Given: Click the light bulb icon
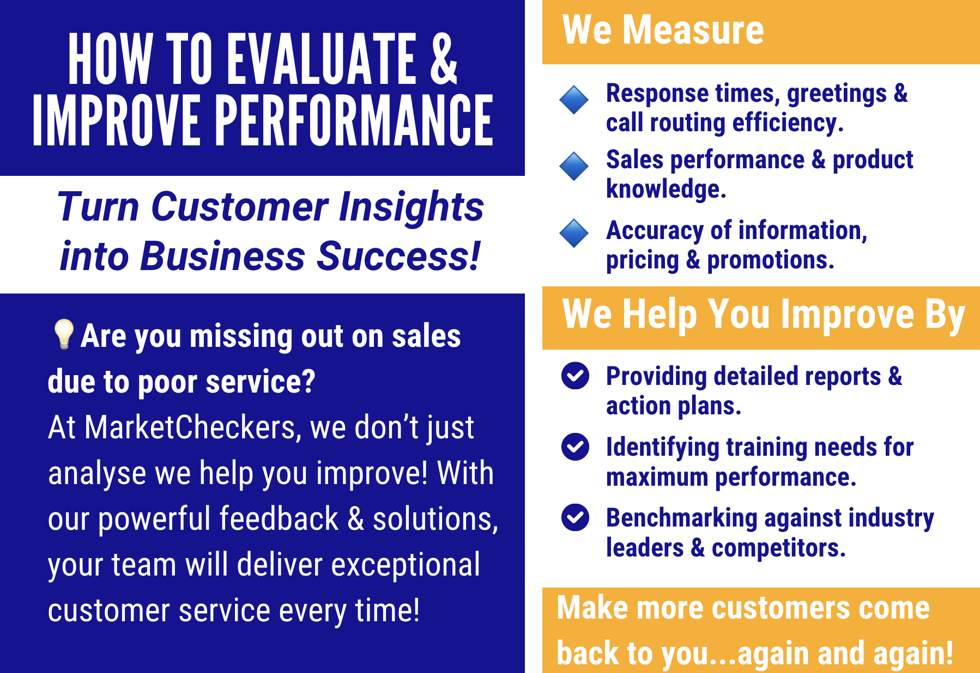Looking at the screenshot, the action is (x=63, y=334).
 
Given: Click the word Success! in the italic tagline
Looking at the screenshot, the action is (x=398, y=256).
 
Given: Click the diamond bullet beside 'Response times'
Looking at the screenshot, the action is (x=574, y=100).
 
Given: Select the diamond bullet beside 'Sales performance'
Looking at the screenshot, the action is (x=574, y=166).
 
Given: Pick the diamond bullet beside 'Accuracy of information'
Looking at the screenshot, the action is (x=574, y=233).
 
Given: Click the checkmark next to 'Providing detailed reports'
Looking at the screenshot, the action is (x=575, y=376).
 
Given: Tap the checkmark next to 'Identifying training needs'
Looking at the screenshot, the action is (x=575, y=446).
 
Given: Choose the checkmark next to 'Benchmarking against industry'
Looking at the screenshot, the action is (x=575, y=517).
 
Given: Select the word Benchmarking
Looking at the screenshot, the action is (x=682, y=519).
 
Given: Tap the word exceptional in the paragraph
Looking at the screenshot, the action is (x=406, y=566).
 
